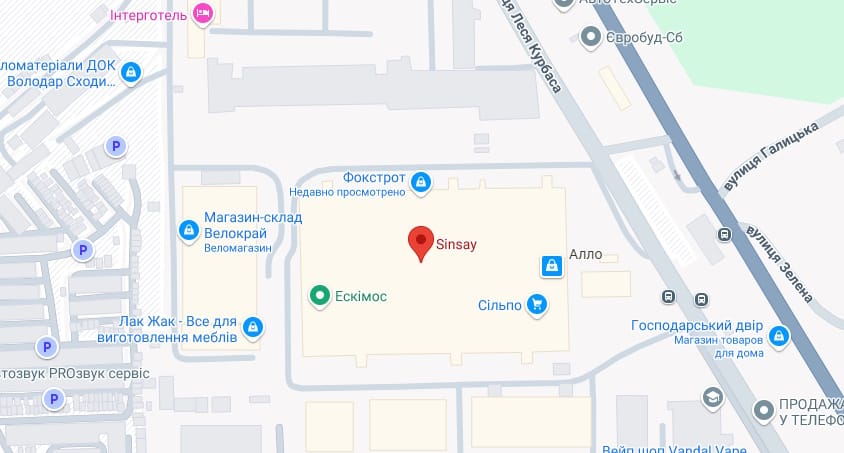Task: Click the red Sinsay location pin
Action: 421,242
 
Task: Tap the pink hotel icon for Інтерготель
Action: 203,13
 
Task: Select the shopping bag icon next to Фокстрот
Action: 422,181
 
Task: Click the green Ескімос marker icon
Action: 319,295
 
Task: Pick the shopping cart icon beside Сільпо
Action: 537,304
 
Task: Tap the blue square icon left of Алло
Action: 550,266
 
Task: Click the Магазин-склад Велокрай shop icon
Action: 187,231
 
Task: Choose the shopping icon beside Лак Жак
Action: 253,326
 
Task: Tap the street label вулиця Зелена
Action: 783,263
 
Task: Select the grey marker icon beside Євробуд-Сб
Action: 590,37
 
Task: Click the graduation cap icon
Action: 712,398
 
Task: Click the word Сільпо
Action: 500,305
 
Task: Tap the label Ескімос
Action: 361,296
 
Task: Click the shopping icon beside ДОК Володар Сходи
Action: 131,72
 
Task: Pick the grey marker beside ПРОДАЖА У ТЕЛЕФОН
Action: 764,409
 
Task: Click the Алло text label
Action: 586,254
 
